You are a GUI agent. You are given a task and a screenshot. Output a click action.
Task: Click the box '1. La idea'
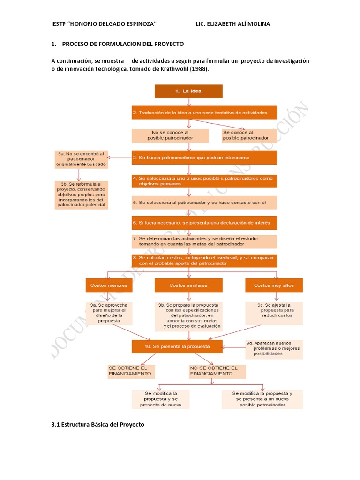point(188,91)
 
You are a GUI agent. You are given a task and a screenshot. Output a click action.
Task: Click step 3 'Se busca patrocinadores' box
point(204,157)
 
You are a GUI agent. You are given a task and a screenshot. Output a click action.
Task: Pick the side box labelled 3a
point(81,159)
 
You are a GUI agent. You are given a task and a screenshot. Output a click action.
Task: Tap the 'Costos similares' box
point(188,285)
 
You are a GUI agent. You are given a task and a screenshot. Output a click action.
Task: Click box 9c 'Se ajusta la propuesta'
point(274,312)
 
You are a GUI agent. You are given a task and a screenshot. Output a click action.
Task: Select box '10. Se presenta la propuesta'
point(177,346)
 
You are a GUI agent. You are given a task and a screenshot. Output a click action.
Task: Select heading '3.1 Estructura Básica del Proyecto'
point(97,424)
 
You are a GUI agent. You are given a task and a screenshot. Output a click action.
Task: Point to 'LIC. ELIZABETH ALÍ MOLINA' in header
point(232,24)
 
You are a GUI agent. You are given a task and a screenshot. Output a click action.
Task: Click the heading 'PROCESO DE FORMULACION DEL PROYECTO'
point(123,44)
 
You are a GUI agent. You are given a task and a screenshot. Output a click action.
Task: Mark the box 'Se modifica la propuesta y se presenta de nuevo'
point(160,399)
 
